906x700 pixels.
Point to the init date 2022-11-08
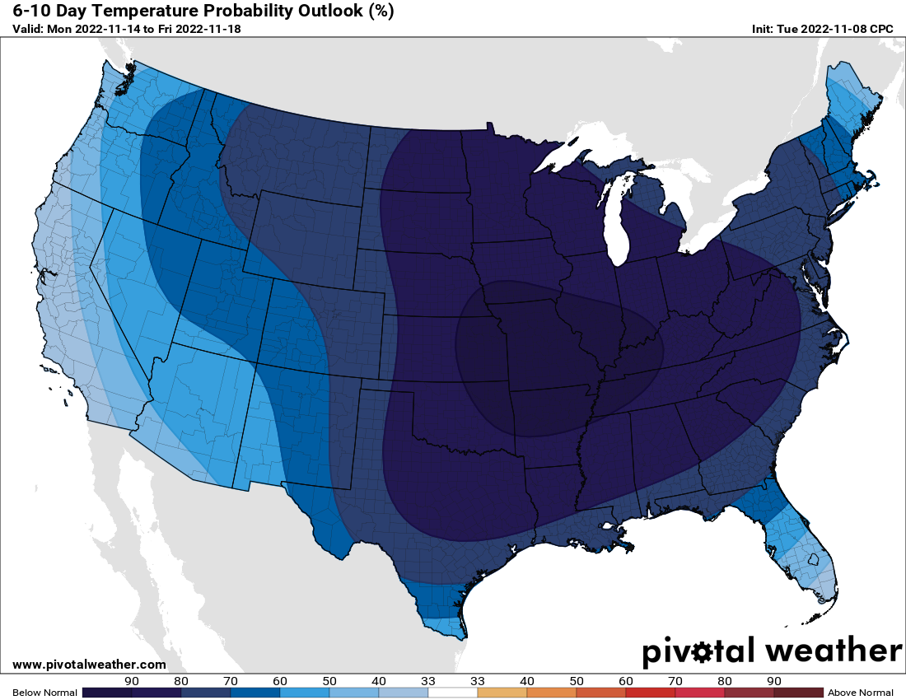pyautogui.click(x=834, y=29)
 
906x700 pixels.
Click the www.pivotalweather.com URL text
pyautogui.click(x=90, y=665)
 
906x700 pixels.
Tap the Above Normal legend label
pyautogui.click(x=860, y=693)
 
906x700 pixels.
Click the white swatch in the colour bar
pyautogui.click(x=453, y=693)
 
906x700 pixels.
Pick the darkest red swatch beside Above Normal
pyautogui.click(x=798, y=693)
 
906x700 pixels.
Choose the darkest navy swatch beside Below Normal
pyautogui.click(x=107, y=693)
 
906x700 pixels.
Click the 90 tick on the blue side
pyautogui.click(x=132, y=681)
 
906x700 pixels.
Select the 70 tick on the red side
pyautogui.click(x=675, y=681)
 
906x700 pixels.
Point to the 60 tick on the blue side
pyautogui.click(x=280, y=681)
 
